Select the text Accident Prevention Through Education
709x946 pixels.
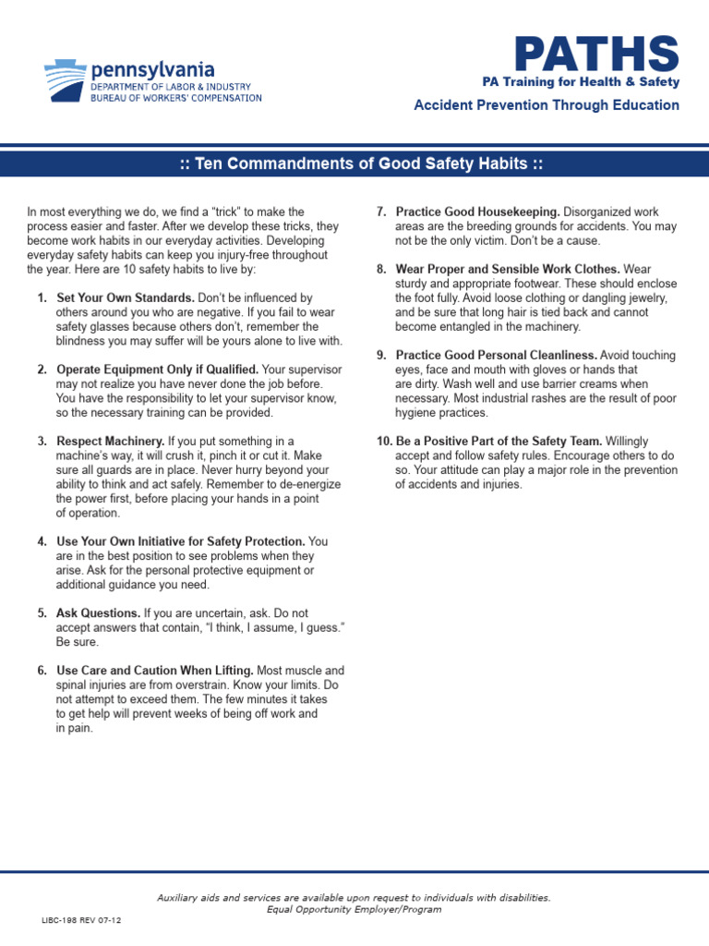[x=546, y=105]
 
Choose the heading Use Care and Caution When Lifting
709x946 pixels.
[x=155, y=670]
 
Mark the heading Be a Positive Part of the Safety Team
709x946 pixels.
[x=499, y=442]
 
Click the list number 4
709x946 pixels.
[x=42, y=541]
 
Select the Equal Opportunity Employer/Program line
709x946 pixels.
[x=354, y=909]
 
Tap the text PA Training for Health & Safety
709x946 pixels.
[x=581, y=82]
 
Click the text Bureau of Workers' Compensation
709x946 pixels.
[x=175, y=98]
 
